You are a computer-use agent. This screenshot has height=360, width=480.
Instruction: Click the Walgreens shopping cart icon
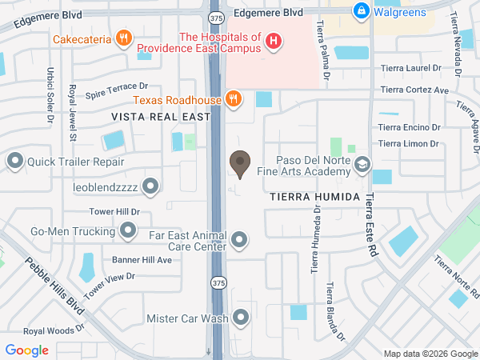(362, 11)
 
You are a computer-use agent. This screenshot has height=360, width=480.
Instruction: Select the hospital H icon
(274, 41)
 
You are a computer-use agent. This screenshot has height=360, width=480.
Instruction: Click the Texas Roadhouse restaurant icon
(233, 98)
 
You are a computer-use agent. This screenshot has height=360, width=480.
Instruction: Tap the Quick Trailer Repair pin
(14, 162)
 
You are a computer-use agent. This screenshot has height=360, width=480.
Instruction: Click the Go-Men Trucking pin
(127, 231)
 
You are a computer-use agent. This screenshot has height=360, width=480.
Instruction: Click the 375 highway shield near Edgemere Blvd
(216, 16)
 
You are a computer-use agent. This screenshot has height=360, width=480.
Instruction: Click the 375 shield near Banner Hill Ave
(218, 282)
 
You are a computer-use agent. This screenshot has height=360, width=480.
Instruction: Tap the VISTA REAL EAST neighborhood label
(160, 117)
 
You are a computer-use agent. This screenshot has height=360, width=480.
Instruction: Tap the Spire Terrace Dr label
(117, 88)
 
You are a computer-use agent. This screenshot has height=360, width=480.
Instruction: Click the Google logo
(27, 350)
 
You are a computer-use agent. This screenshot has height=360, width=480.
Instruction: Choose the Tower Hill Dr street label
(114, 212)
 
